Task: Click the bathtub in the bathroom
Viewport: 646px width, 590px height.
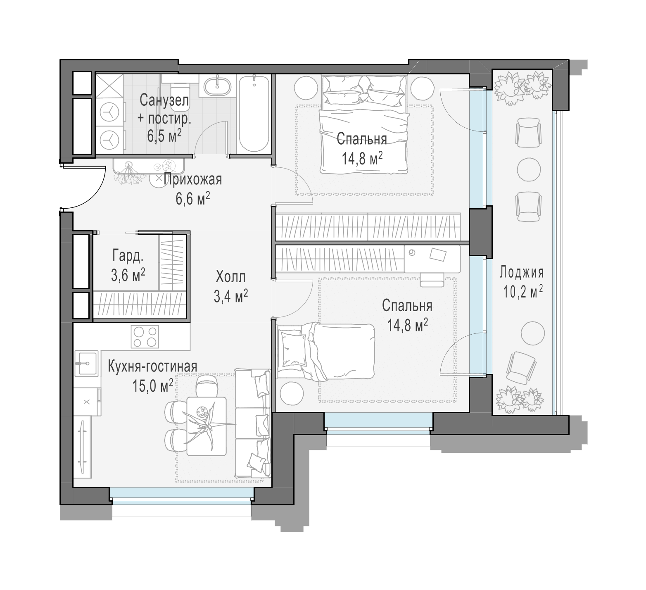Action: [x=254, y=114]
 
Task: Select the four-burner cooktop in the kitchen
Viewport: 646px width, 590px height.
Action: [x=145, y=337]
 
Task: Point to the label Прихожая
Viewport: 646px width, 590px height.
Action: [x=193, y=179]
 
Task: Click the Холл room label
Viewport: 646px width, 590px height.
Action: [x=230, y=276]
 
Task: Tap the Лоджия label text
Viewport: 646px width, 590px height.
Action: [x=522, y=273]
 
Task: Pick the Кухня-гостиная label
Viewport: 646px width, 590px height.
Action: [x=152, y=366]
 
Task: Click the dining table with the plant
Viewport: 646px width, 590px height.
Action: [x=207, y=426]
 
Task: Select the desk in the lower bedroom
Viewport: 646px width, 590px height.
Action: [x=432, y=259]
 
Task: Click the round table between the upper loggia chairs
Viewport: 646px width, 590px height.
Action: [x=529, y=169]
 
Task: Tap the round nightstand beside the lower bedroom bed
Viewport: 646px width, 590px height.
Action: [x=293, y=393]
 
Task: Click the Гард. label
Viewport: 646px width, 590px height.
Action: [x=128, y=257]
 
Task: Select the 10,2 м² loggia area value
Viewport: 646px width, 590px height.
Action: [x=522, y=292]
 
